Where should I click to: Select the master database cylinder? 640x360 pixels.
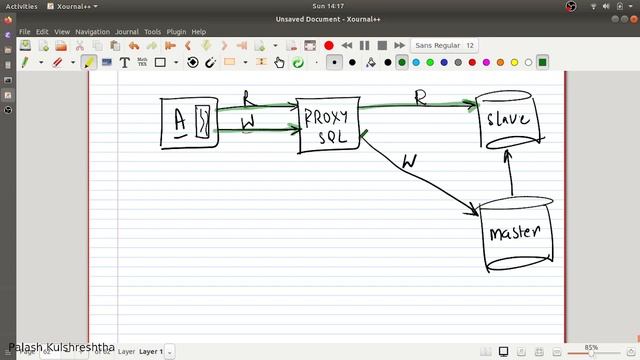[x=515, y=234]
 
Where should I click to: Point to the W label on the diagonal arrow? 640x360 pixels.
[x=409, y=161]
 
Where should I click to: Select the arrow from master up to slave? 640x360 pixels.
[x=510, y=175]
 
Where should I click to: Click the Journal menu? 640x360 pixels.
[x=126, y=32]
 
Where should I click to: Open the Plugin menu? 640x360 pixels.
[x=176, y=32]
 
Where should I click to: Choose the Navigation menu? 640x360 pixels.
[x=93, y=32]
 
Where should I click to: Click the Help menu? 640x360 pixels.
[x=199, y=32]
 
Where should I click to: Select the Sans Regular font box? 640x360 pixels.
[x=445, y=45]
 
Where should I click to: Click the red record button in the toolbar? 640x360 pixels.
[x=328, y=45]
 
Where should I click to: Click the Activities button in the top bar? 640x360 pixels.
[x=21, y=6]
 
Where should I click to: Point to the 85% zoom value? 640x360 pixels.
[x=591, y=347]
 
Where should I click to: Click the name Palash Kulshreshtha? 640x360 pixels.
[x=60, y=347]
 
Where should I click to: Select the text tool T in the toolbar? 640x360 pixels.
[x=125, y=62]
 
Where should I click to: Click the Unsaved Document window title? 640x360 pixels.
[x=320, y=19]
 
